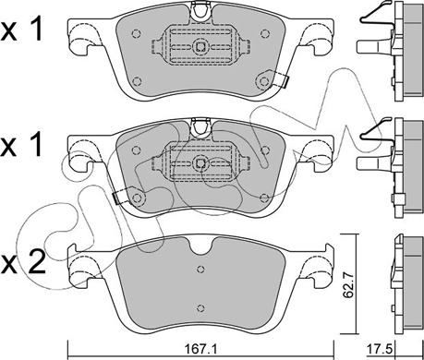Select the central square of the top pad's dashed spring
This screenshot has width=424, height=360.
point(200,46)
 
